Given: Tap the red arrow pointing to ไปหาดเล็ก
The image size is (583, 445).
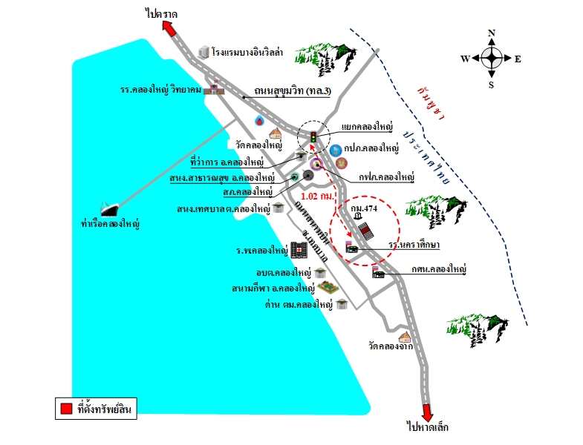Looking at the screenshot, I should click(x=429, y=412).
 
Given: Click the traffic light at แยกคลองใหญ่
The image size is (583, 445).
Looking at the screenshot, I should click(x=313, y=136).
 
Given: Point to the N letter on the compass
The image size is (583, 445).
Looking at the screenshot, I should click(x=491, y=33).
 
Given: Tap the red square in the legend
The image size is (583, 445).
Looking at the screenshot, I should click(x=65, y=408).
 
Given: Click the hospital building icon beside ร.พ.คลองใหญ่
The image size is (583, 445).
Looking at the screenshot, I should click(x=299, y=250).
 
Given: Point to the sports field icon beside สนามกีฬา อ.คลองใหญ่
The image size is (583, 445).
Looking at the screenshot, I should click(x=324, y=287).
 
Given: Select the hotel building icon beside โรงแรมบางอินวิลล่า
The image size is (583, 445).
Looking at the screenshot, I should click(x=203, y=52).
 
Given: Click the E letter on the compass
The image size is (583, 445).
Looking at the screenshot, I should click(x=518, y=59).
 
